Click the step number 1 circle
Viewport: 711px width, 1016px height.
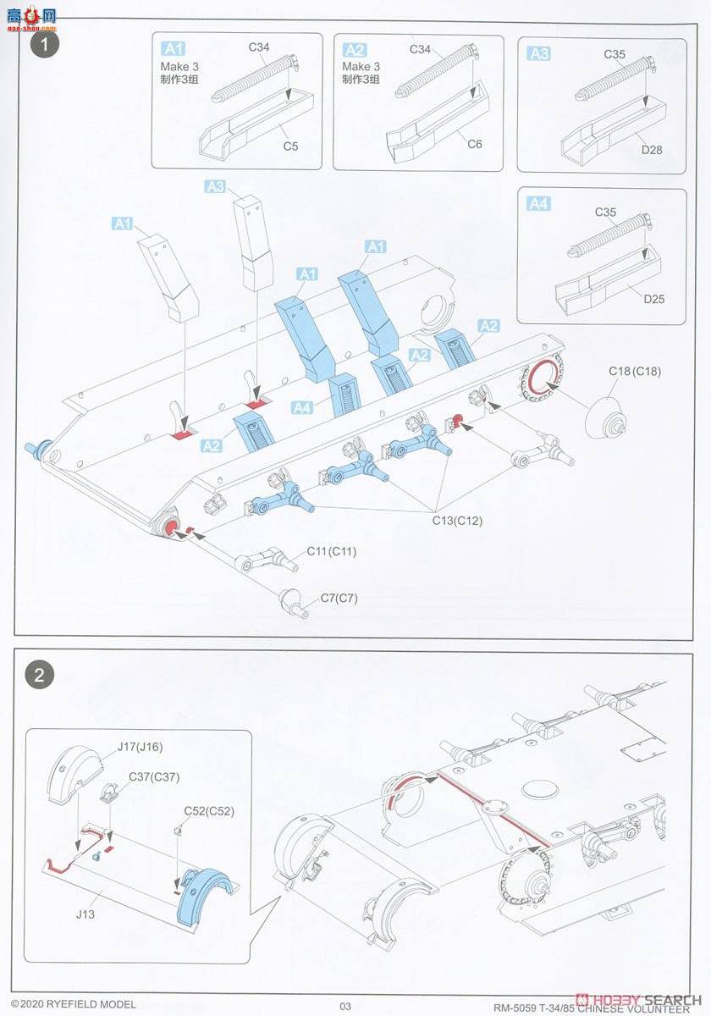pos(42,44)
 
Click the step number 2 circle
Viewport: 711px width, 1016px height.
pos(42,675)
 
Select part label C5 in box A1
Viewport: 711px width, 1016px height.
pos(290,146)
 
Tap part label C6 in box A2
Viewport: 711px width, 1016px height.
pos(474,144)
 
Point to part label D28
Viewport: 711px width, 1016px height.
pos(652,150)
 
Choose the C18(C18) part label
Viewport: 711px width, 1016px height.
pos(635,372)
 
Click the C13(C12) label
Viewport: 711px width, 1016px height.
pos(457,521)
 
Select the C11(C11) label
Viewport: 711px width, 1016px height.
pos(331,551)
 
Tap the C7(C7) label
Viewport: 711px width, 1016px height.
pos(339,598)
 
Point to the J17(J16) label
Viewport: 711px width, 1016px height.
pos(140,746)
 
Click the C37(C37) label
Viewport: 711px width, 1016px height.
pos(154,776)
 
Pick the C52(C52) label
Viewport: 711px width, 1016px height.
pos(209,810)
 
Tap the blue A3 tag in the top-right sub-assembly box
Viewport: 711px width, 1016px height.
pos(539,53)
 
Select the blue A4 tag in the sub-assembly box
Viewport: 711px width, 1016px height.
pos(539,204)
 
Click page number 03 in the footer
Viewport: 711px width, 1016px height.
pos(344,1005)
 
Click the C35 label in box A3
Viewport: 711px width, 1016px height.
pos(615,54)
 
